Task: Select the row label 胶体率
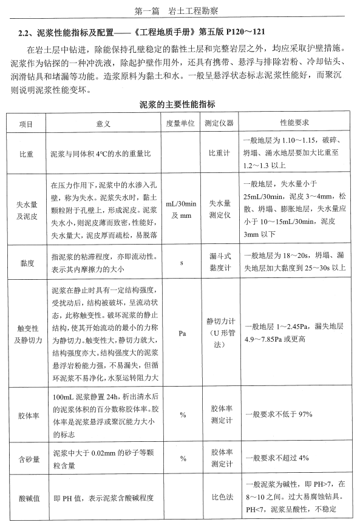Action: click(x=26, y=415)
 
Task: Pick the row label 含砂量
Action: click(x=26, y=459)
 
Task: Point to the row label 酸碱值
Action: click(x=26, y=498)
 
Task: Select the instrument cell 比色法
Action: click(x=219, y=498)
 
